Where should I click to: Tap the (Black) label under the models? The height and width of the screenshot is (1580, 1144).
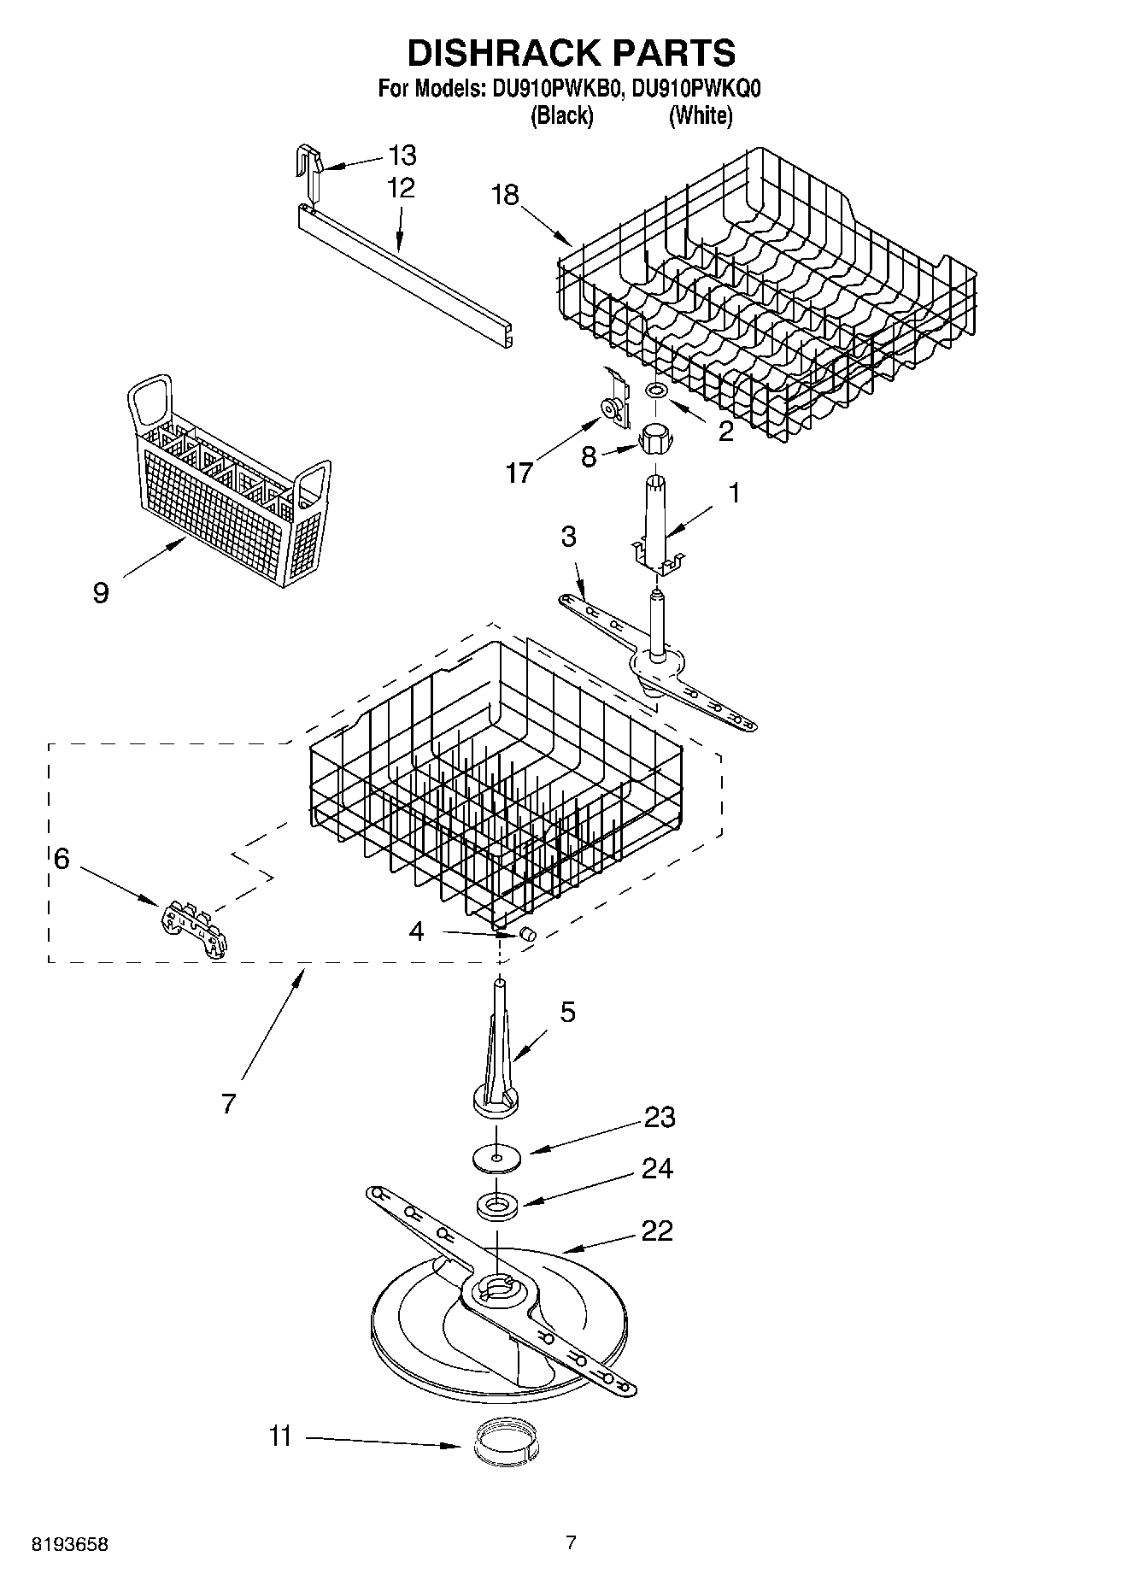coord(561,115)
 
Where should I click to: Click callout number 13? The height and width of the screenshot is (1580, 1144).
coord(402,156)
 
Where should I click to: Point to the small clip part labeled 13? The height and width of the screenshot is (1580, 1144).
coord(311,170)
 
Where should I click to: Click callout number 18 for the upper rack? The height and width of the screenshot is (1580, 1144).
coord(505,195)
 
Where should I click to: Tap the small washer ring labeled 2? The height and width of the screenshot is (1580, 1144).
coord(657,390)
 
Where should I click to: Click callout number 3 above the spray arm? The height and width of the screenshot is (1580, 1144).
coord(568,537)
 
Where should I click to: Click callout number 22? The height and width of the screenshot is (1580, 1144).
coord(656,1231)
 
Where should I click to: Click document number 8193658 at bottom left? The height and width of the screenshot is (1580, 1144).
coord(70,1544)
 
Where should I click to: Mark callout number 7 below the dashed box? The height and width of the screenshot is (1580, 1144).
coord(228,1103)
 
